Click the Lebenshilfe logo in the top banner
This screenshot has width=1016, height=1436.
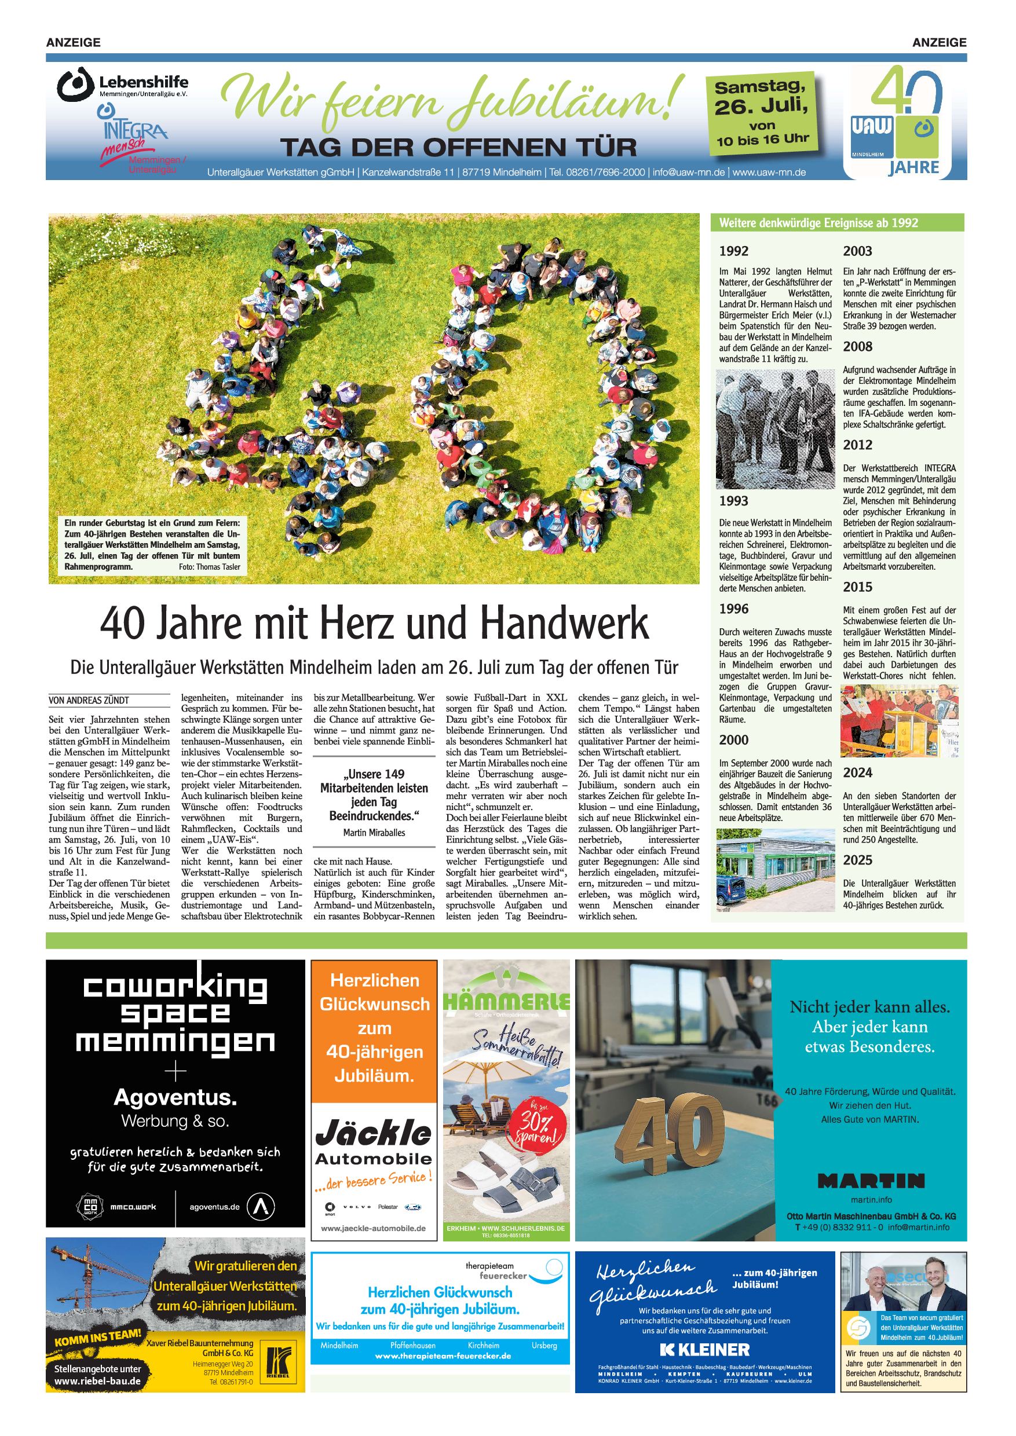(123, 85)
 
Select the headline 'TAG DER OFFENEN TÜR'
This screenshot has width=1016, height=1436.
(459, 148)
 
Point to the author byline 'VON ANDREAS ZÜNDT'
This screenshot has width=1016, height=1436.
(89, 701)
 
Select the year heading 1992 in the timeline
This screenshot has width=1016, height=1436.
(734, 251)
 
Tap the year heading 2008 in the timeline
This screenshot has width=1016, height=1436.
(858, 346)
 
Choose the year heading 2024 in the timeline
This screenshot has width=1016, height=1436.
(858, 773)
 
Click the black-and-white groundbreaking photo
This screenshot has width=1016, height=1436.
(775, 429)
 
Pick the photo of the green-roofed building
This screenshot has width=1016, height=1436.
(775, 870)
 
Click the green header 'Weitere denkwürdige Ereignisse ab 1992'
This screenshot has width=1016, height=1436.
(818, 223)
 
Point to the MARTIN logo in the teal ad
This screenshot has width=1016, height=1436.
(871, 1181)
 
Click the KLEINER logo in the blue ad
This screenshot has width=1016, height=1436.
(704, 1349)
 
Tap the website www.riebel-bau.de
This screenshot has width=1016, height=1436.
(97, 1381)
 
